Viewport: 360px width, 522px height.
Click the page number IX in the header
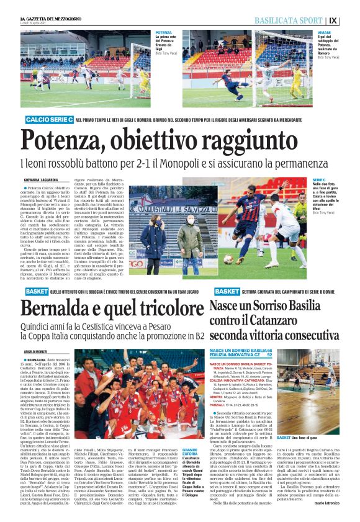click(350, 21)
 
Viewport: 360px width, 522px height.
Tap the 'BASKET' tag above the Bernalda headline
click(37, 291)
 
